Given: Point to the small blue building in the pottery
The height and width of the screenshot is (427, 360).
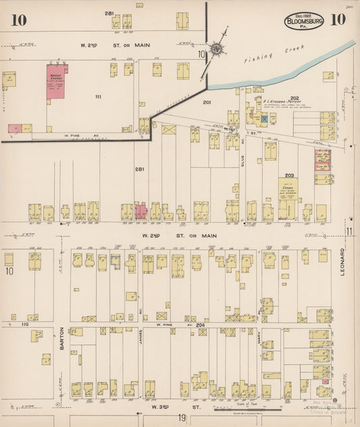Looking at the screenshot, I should tap(265, 119).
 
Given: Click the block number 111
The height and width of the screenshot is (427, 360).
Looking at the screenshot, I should tap(99, 97).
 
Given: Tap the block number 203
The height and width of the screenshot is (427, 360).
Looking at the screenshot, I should tap(289, 175).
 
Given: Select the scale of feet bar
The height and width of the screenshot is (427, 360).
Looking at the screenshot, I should tap(248, 409).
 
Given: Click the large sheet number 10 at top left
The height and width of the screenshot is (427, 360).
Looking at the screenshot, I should tap(19, 20).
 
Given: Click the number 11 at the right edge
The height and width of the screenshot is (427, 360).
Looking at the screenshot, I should tap(351, 232).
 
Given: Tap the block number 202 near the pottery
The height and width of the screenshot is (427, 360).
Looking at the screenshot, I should tap(276, 97).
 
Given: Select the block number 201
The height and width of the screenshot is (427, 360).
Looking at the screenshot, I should tap(207, 103).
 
